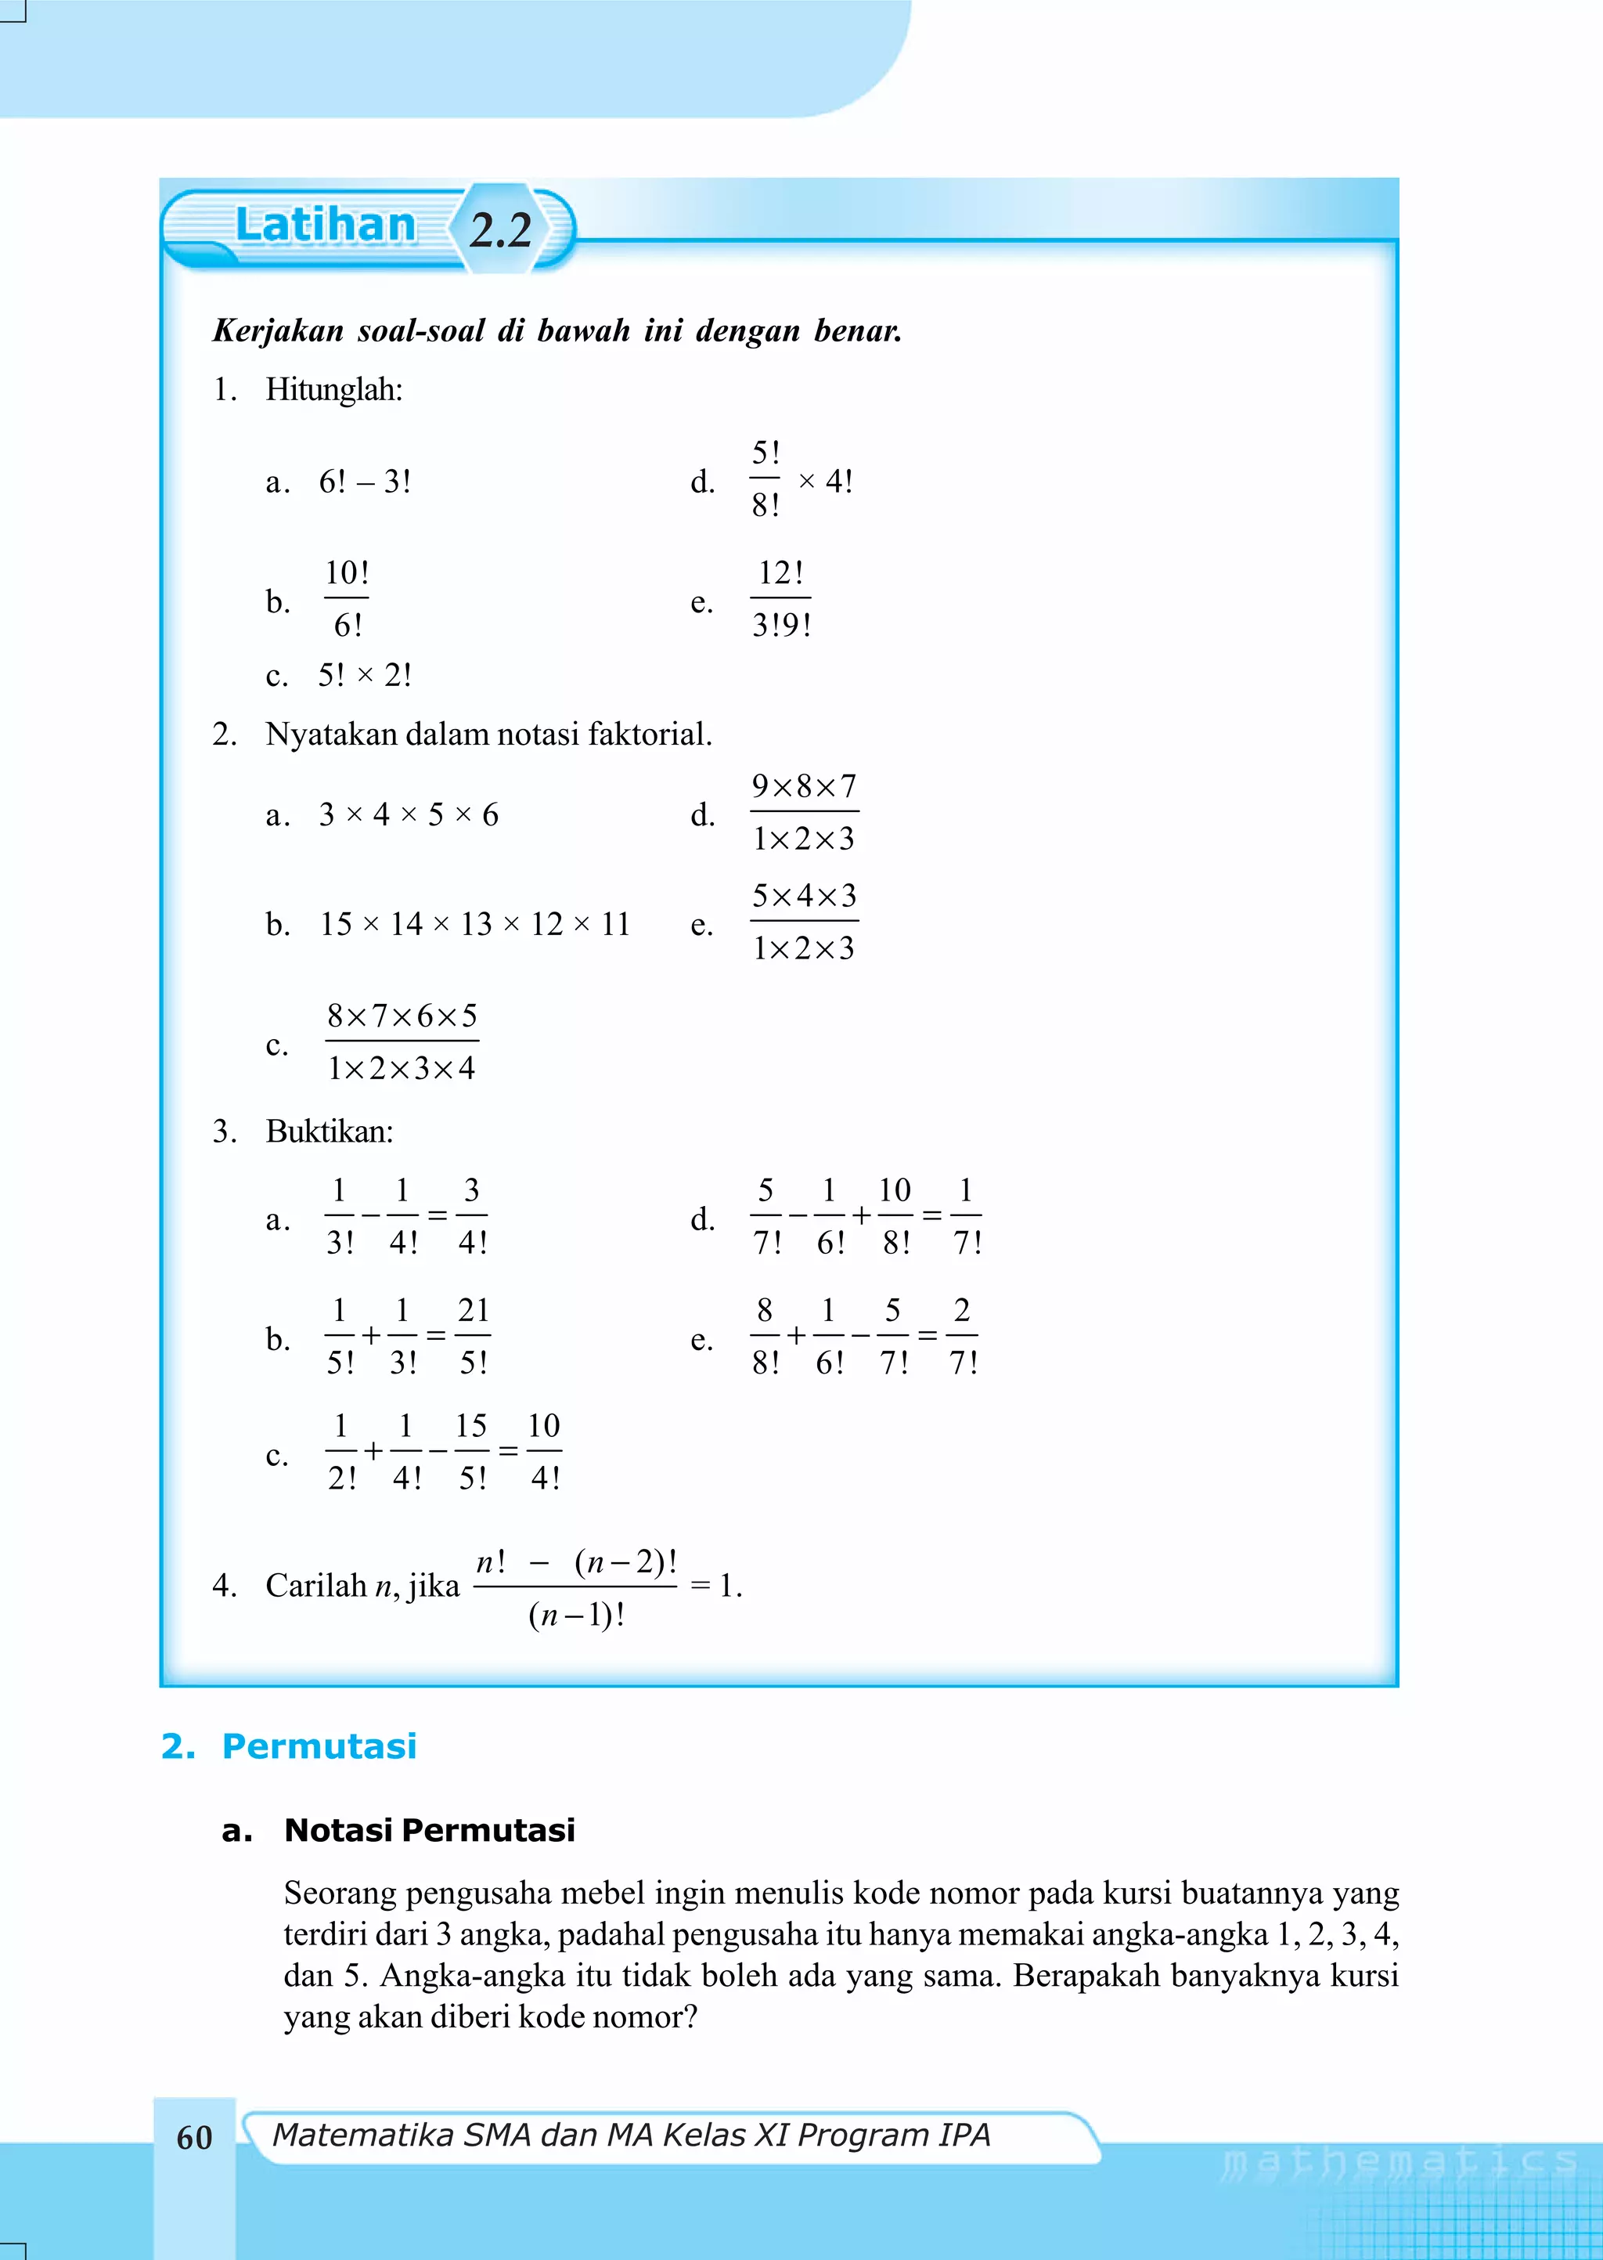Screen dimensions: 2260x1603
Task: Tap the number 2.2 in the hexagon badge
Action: pyautogui.click(x=500, y=230)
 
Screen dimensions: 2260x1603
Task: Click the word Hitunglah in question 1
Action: pyautogui.click(x=333, y=390)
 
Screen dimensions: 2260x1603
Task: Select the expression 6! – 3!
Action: pyautogui.click(x=364, y=482)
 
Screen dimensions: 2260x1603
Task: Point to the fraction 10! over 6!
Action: pyautogui.click(x=347, y=598)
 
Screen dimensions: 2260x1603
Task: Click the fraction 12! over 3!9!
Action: pyautogui.click(x=781, y=598)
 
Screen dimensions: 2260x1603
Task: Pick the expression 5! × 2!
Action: pyautogui.click(x=364, y=675)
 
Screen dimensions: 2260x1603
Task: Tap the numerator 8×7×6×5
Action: pyautogui.click(x=402, y=1015)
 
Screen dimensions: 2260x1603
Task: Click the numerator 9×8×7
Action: pyautogui.click(x=804, y=786)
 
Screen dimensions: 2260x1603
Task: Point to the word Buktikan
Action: pyautogui.click(x=329, y=1132)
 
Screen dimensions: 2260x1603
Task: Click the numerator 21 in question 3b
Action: pyautogui.click(x=473, y=1310)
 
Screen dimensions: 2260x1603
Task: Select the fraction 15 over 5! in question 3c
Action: pyautogui.click(x=472, y=1451)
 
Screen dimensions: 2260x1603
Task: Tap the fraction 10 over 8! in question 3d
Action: pyautogui.click(x=895, y=1216)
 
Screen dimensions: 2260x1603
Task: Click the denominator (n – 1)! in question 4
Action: pyautogui.click(x=575, y=1616)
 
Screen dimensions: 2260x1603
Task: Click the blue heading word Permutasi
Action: pyautogui.click(x=319, y=1746)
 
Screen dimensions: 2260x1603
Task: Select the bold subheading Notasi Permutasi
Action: pyautogui.click(x=430, y=1829)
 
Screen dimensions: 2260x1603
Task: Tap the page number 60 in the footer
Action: pyautogui.click(x=194, y=2138)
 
